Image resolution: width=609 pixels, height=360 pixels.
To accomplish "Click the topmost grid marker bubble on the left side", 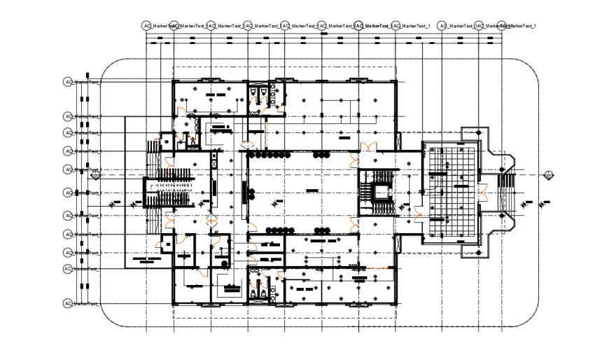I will pyautogui.click(x=68, y=82).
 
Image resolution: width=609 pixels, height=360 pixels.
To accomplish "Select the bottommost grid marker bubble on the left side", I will pyautogui.click(x=68, y=303).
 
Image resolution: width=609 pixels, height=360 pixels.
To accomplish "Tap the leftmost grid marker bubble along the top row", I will pyautogui.click(x=147, y=26).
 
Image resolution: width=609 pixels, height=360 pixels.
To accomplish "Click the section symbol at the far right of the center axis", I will pyautogui.click(x=550, y=175).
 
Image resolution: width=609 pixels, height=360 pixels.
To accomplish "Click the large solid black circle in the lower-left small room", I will pyautogui.click(x=224, y=263).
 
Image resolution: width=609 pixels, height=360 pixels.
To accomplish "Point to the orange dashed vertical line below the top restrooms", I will pyautogui.click(x=267, y=129).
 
